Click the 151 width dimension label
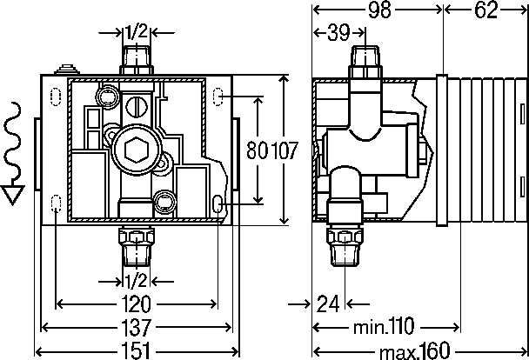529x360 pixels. [137, 350]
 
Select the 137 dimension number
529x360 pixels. [137, 327]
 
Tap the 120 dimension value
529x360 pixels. [137, 304]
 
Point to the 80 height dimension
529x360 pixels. [258, 150]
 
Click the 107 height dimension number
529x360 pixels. [285, 150]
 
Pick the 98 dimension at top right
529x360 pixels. [379, 10]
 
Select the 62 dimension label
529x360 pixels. [485, 10]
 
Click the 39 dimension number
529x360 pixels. [338, 33]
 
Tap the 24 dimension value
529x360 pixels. [328, 304]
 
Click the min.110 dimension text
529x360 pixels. [384, 326]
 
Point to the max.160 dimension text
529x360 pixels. [415, 350]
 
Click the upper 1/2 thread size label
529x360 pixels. [137, 32]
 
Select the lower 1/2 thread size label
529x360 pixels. [137, 281]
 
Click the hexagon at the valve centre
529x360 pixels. [137, 150]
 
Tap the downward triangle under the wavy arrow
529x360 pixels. [12, 194]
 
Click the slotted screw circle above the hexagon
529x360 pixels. [137, 107]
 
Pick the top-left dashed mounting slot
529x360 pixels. [56, 97]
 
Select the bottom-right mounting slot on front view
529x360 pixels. [218, 203]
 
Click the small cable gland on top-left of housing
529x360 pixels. [67, 69]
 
